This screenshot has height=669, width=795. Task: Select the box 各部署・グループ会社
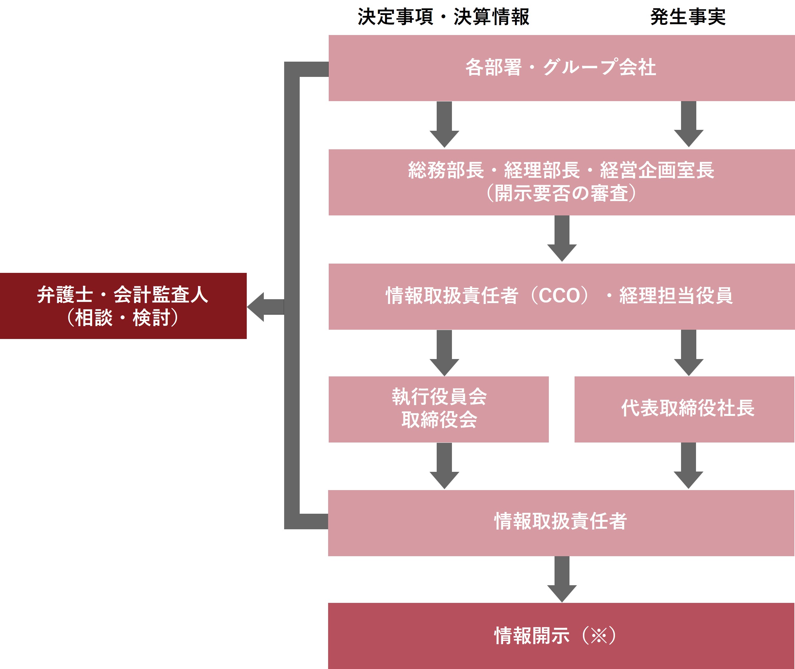pyautogui.click(x=561, y=68)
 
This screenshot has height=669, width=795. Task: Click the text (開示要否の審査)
pyautogui.click(x=561, y=193)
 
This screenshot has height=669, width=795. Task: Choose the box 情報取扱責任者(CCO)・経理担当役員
pyautogui.click(x=561, y=297)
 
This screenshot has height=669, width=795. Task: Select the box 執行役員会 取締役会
pyautogui.click(x=439, y=409)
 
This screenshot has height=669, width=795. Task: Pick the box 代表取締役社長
pyautogui.click(x=684, y=409)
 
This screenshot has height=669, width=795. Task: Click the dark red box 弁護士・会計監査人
pyautogui.click(x=123, y=306)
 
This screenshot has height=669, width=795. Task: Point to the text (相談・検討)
pyautogui.click(x=122, y=318)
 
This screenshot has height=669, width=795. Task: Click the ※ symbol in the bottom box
pyautogui.click(x=598, y=635)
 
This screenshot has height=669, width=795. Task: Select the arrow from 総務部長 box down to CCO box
pyautogui.click(x=562, y=238)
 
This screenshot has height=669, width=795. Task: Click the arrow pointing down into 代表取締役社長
pyautogui.click(x=689, y=353)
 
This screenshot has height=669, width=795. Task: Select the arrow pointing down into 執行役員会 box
pyautogui.click(x=444, y=353)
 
